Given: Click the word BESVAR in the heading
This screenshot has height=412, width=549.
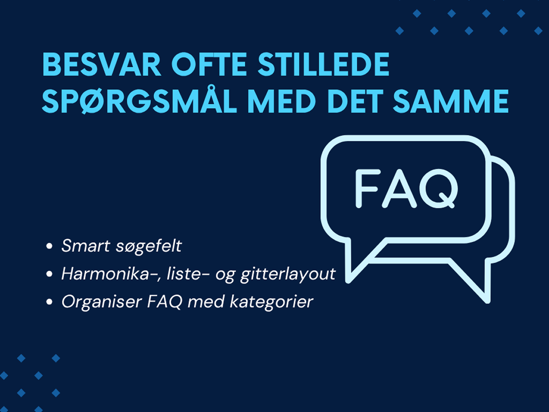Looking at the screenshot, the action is point(102,65).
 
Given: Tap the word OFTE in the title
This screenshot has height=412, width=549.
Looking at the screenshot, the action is point(209,65).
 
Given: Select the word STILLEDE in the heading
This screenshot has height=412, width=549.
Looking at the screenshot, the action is point(323,65).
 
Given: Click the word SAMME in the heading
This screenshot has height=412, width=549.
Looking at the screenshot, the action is point(451,101).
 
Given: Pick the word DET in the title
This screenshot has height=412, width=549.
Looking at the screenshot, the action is point(355,101).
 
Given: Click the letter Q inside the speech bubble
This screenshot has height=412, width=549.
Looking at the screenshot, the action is point(439,188).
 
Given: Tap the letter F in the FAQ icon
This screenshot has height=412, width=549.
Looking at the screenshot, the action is point(367,188).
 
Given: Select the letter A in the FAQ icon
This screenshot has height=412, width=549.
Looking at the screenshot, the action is point(399,188).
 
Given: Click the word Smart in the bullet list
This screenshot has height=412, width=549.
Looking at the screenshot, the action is point(86,246).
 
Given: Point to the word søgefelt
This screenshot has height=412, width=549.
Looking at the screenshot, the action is point(149,247).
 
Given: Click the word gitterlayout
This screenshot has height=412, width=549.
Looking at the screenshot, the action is point(288,275).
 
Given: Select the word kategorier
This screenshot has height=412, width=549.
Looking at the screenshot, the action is point(271,302).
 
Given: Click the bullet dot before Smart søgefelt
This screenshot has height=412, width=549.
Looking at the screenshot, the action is point(49,246).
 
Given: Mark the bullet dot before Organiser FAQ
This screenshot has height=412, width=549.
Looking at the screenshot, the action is point(49,302).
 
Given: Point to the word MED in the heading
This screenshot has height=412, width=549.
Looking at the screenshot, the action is point(282,101).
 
